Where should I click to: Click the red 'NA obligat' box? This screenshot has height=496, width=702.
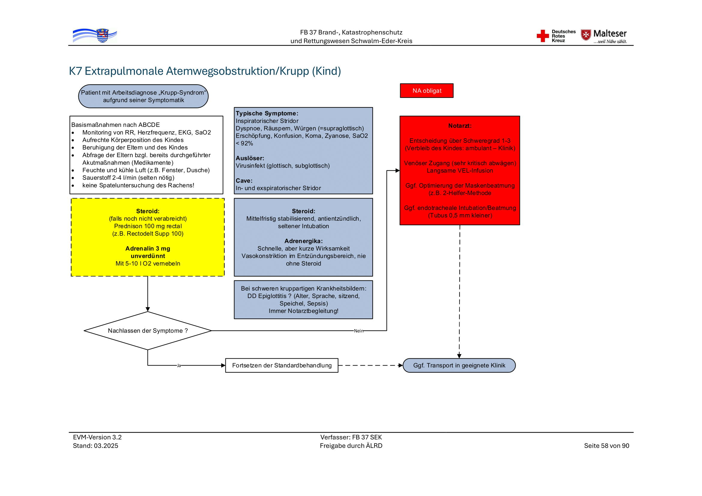pos(426,91)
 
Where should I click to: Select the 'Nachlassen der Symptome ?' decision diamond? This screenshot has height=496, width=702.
pos(148,331)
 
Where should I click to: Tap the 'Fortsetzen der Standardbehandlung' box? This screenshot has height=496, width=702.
pos(282,366)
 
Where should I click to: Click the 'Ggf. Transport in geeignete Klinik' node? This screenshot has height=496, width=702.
pos(459,366)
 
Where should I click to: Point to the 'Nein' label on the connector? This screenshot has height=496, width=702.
pos(358,331)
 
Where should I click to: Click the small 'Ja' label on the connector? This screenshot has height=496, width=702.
pos(179,366)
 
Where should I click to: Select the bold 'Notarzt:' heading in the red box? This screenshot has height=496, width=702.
pos(460,126)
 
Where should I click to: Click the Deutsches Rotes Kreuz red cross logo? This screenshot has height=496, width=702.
pos(543,36)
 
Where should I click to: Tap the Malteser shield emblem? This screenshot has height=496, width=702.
pos(586,35)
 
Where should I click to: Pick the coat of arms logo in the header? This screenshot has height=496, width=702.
pos(102,36)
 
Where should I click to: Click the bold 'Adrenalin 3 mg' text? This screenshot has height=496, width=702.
pos(148,249)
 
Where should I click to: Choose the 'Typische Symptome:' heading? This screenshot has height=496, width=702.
pos(267,113)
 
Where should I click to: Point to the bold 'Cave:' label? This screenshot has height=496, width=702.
pos(244,181)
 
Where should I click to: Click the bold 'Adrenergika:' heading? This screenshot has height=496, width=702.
pos(303,241)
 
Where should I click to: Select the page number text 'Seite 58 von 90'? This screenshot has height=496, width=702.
pos(606,446)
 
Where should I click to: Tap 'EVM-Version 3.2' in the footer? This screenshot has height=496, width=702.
pos(97,437)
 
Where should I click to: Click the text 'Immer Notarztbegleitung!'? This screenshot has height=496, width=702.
pos(303,311)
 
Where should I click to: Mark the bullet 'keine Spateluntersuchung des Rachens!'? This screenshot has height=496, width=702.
pos(138,185)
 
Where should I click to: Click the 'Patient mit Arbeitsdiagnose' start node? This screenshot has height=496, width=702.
pos(143,97)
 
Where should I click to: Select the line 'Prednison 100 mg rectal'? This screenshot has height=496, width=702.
pos(148,226)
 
